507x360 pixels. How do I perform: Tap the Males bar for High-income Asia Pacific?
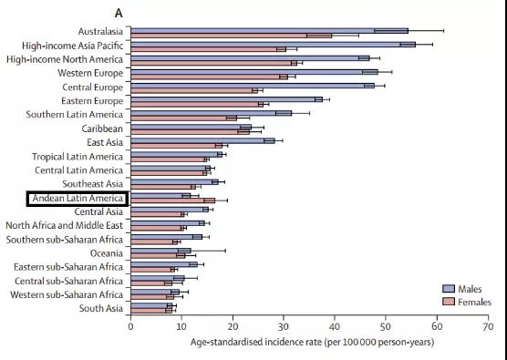coord(274,45)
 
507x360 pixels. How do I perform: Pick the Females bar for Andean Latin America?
coord(173,201)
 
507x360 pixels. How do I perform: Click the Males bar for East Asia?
coord(202,140)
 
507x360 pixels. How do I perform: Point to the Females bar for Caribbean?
coord(190,132)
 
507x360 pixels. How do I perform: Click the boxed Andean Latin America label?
coord(78,199)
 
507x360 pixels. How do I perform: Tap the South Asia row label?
coord(101,308)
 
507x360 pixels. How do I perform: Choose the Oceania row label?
coord(107,253)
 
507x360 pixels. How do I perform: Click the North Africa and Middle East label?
coord(65,225)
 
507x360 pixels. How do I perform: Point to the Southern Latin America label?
coord(75,115)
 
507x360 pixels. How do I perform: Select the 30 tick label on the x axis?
coord(284,326)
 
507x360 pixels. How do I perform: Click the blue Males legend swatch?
coord(448,289)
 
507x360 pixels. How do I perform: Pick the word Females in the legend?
coord(475,303)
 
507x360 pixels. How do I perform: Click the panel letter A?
coord(119,14)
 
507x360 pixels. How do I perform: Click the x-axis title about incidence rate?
coord(312,342)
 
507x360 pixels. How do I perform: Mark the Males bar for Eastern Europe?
coord(227,99)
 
